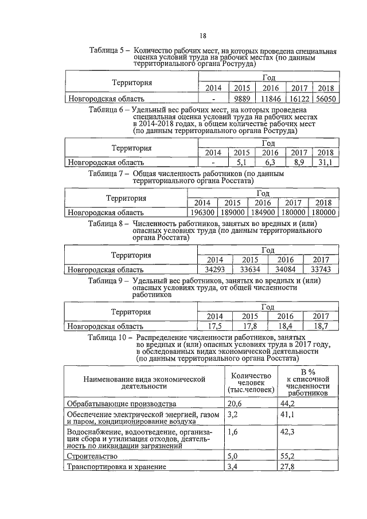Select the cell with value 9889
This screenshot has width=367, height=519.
(x=243, y=99)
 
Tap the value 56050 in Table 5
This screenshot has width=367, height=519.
(x=325, y=99)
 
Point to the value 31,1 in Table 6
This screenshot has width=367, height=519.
(x=325, y=163)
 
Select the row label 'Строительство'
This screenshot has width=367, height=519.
(x=92, y=456)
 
